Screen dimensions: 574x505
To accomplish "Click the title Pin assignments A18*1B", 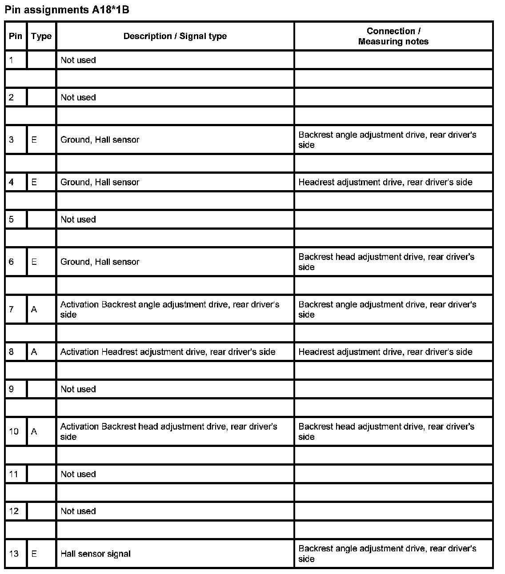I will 67,9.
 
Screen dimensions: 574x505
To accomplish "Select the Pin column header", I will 16,36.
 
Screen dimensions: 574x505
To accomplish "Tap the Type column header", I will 41,36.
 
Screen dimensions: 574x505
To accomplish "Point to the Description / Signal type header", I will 175,36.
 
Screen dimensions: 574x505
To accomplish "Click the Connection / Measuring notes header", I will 393,36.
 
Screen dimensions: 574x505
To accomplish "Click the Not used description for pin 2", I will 78,97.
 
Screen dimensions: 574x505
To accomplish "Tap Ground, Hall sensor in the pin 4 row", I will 100,182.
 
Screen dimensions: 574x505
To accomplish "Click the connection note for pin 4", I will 385,182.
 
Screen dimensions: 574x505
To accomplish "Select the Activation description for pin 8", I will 168,352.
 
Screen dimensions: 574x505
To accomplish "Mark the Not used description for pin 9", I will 78,389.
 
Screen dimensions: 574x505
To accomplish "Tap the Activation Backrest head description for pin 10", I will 168,431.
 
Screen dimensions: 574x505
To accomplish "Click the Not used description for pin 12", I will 78,511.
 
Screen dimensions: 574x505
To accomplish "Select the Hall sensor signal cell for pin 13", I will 96,554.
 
